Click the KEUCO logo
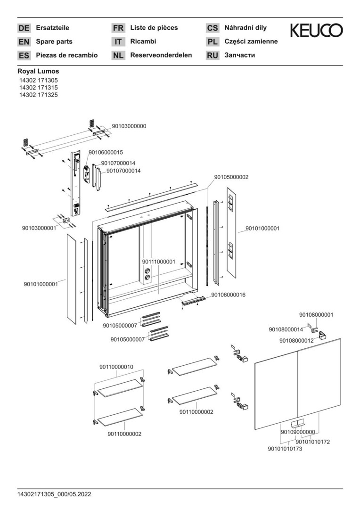click(x=316, y=31)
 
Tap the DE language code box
click(x=24, y=28)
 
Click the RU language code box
click(x=213, y=56)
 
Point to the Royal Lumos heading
click(x=38, y=72)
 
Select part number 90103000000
click(x=129, y=126)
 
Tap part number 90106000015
click(x=106, y=152)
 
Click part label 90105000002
click(x=231, y=177)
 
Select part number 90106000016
click(x=228, y=295)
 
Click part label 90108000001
click(x=316, y=314)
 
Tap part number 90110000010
click(x=116, y=367)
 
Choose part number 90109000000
click(x=298, y=432)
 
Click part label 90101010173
click(x=285, y=449)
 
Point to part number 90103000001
click(x=39, y=228)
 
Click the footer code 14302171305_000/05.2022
click(x=54, y=494)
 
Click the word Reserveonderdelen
click(x=161, y=55)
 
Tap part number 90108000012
click(x=296, y=340)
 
